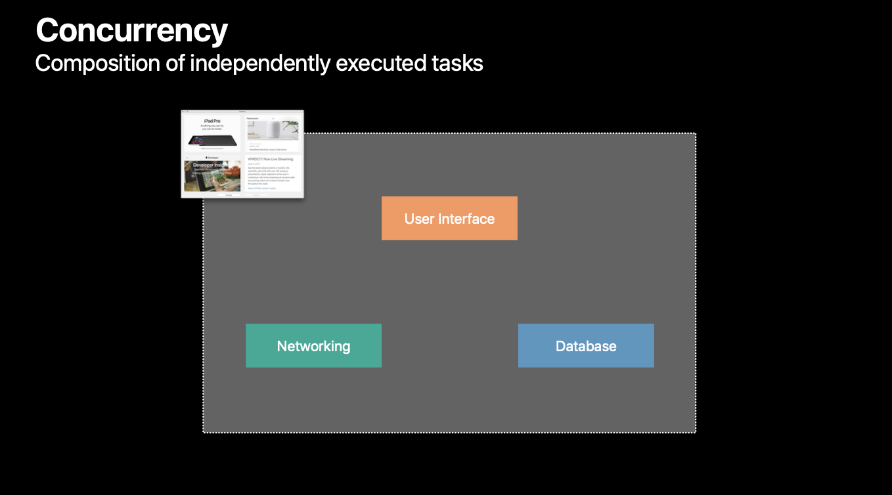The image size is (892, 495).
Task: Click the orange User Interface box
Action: coord(449,219)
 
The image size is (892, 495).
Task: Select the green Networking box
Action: coord(313,346)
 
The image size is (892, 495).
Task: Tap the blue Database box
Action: coord(586,346)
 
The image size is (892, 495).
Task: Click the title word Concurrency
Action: coord(132,30)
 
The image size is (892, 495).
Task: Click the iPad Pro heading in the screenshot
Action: coord(212,121)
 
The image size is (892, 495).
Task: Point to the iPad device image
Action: coord(212,140)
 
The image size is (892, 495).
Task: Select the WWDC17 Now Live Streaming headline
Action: coord(270,160)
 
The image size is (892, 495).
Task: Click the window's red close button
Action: coord(183,112)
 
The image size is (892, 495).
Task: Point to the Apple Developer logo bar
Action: coord(212,158)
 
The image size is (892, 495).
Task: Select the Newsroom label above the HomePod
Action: coord(253,118)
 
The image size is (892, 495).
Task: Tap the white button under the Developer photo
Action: coord(228,195)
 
